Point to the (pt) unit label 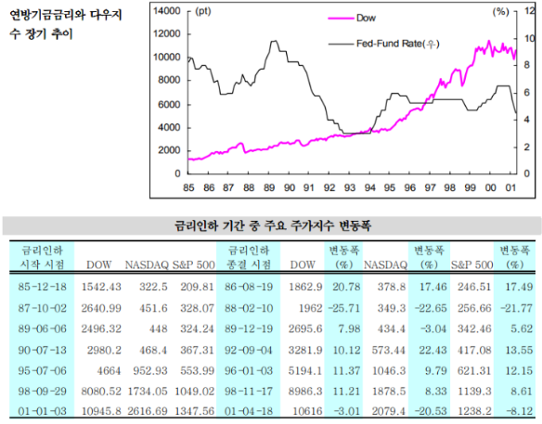click(202, 11)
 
